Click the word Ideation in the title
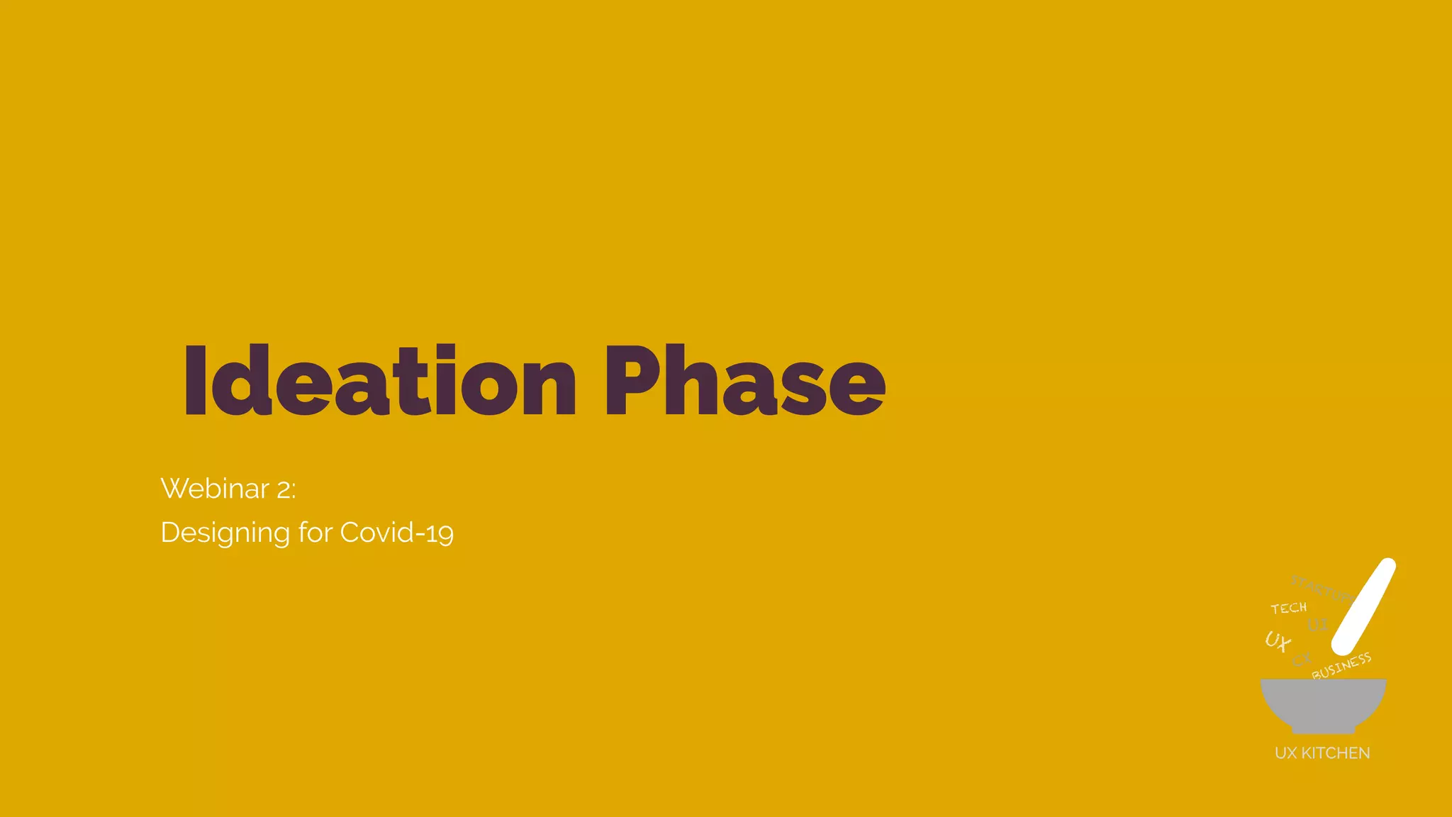pyautogui.click(x=379, y=381)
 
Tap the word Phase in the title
pyautogui.click(x=744, y=381)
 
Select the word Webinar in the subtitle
pyautogui.click(x=215, y=489)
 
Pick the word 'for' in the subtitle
pyautogui.click(x=315, y=532)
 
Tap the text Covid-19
pyautogui.click(x=396, y=533)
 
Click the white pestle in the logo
pyautogui.click(x=1363, y=606)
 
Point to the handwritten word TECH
pyautogui.click(x=1288, y=608)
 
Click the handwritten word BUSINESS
pyautogui.click(x=1341, y=667)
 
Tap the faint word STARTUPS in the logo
pyautogui.click(x=1320, y=588)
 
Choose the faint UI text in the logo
pyautogui.click(x=1317, y=626)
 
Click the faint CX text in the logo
pyautogui.click(x=1302, y=660)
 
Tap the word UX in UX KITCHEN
pyautogui.click(x=1285, y=753)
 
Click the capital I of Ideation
pyautogui.click(x=195, y=381)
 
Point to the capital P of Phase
pyautogui.click(x=630, y=381)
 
